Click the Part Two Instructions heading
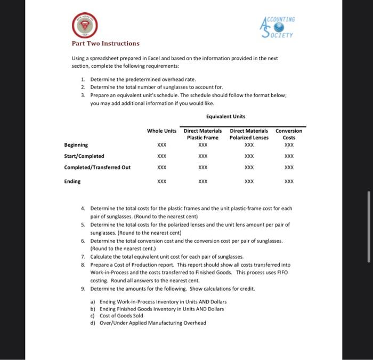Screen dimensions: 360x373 point(106,43)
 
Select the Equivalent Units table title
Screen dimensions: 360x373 point(225,116)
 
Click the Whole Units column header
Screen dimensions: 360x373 point(161,131)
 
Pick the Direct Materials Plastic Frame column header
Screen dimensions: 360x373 point(202,134)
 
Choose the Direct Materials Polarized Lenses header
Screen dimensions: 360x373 point(249,134)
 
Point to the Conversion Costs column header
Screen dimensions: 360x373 point(289,134)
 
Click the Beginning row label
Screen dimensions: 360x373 point(76,145)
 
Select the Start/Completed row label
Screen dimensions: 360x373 point(84,156)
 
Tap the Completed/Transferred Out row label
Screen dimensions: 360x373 point(97,167)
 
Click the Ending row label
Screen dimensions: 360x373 point(72,181)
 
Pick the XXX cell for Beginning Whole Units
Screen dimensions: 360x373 point(161,145)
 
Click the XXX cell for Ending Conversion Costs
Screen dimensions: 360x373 point(289,181)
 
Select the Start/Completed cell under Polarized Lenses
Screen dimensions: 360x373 point(249,156)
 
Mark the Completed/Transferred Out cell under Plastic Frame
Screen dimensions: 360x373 point(202,167)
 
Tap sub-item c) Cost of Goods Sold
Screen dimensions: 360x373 point(118,316)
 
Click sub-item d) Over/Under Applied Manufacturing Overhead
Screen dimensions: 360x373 point(148,323)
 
